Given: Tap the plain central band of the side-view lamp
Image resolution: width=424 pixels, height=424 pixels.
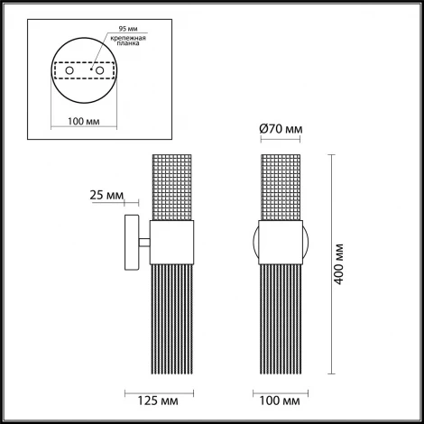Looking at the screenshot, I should tap(171, 242).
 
